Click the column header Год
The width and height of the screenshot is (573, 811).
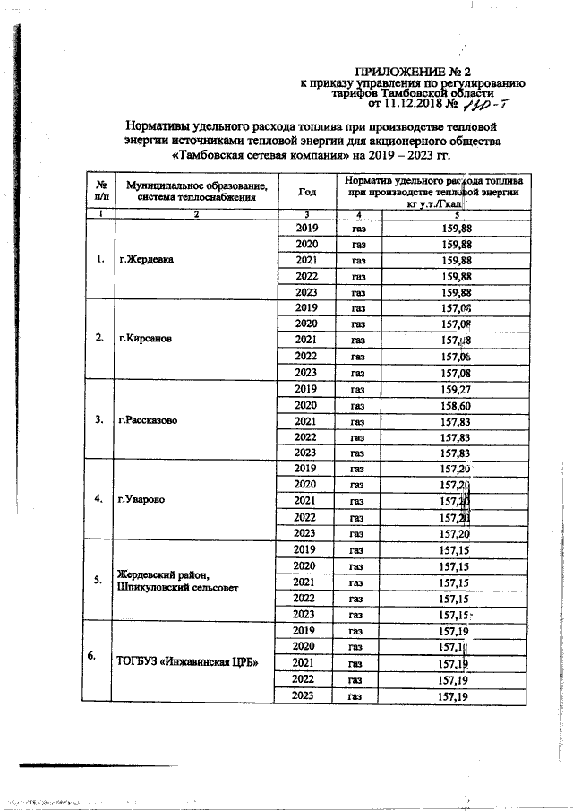pos(306,191)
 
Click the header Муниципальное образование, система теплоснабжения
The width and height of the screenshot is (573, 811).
pos(196,190)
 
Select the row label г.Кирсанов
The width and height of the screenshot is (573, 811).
pos(147,340)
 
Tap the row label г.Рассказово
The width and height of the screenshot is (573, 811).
pos(151,419)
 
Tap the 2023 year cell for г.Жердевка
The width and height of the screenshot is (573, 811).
pos(306,292)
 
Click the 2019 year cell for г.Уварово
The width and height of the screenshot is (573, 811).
pos(306,468)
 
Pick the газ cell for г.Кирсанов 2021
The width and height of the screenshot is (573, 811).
pos(357,341)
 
